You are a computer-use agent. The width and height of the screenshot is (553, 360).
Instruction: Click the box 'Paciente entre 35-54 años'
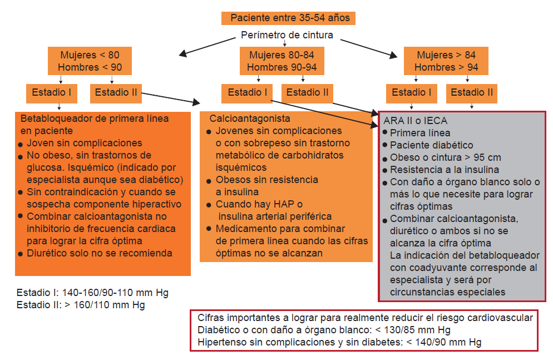click(x=288, y=18)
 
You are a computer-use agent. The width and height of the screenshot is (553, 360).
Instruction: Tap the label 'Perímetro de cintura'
click(x=287, y=35)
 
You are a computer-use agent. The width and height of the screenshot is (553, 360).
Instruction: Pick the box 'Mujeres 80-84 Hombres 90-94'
click(x=282, y=61)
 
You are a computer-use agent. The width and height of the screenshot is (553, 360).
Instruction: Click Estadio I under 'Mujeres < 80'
click(x=52, y=93)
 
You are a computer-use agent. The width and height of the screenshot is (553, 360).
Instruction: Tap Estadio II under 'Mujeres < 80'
click(x=116, y=93)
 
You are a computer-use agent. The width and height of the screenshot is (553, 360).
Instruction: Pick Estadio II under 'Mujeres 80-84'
click(x=307, y=93)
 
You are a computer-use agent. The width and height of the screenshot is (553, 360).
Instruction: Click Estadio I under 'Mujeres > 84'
click(x=412, y=93)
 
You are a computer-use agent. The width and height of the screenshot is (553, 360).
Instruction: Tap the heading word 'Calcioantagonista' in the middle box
click(x=250, y=119)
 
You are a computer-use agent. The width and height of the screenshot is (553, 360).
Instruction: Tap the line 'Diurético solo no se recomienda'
click(x=100, y=253)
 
